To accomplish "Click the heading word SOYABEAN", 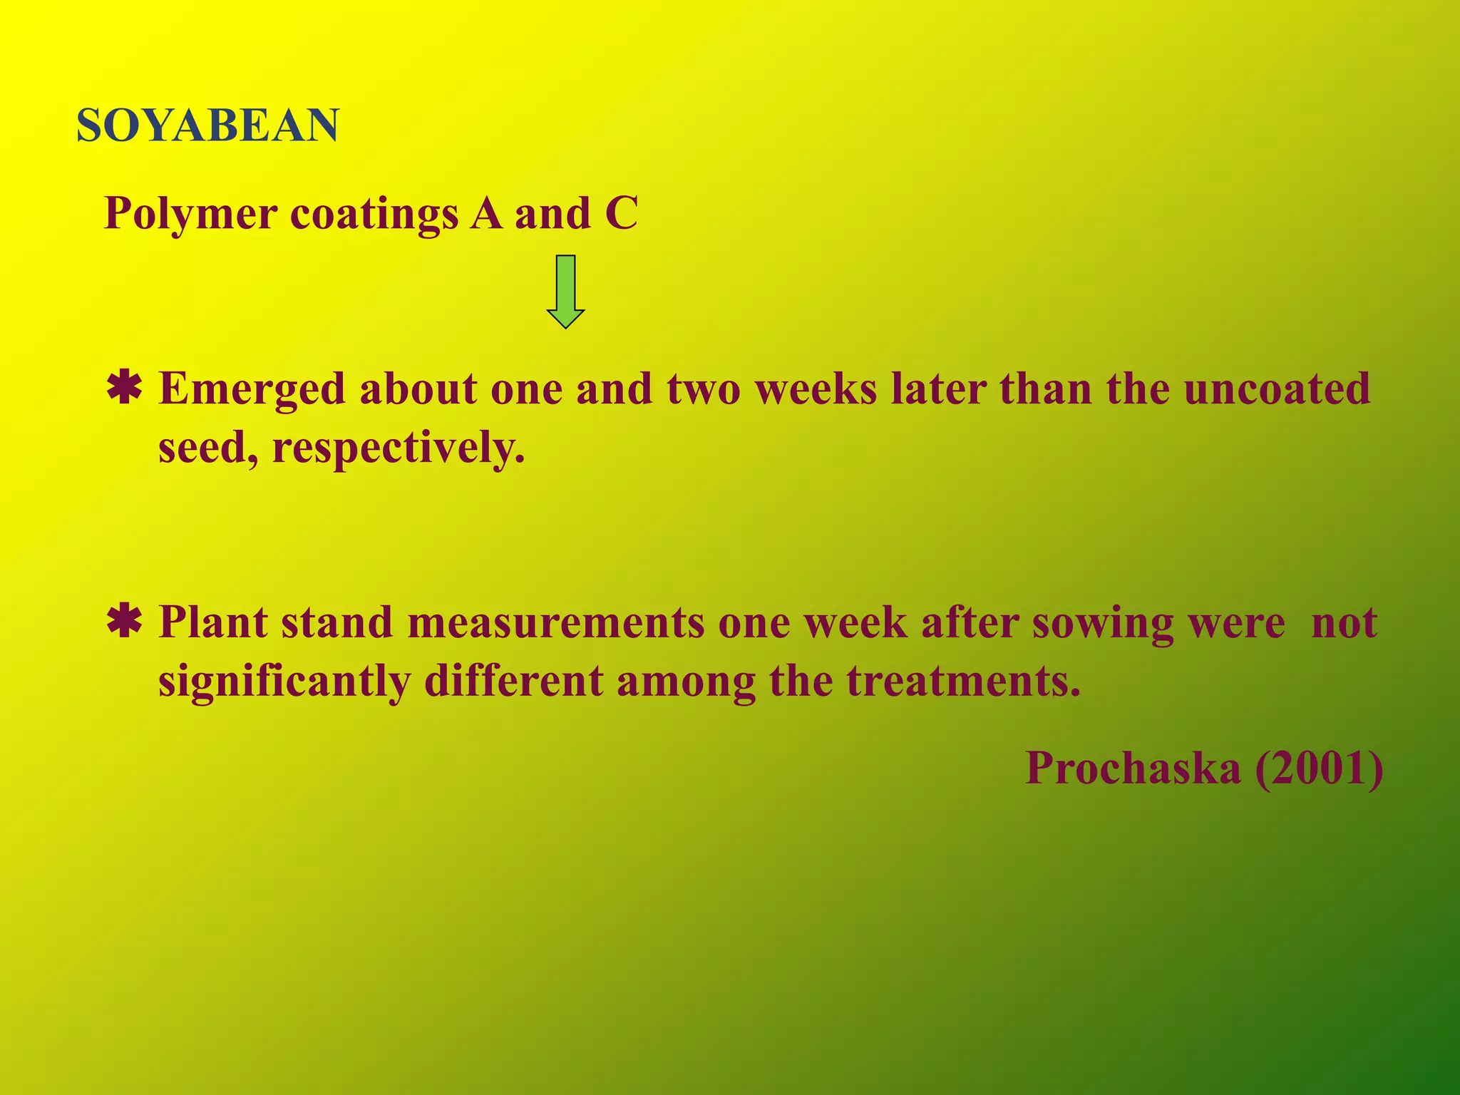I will coord(207,126).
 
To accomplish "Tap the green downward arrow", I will coord(565,291).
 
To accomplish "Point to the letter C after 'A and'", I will coord(621,214).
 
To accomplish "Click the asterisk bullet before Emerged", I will coord(124,389).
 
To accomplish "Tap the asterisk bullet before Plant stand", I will coord(124,622).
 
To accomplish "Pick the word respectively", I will coord(399,449).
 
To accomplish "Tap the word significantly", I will coord(284,682).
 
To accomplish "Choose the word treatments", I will coord(963,682).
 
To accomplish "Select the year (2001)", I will coord(1319,768).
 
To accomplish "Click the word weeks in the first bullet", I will coord(816,389).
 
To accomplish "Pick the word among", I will coord(686,682).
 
